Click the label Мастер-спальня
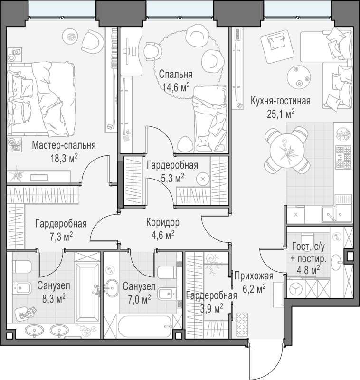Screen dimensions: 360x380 click(x=64, y=145)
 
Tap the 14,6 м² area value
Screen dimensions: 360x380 click(x=176, y=87)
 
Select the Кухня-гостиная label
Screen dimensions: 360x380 click(x=281, y=101)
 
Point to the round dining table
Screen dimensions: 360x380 click(x=287, y=150)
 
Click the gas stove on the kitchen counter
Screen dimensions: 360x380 click(x=343, y=157)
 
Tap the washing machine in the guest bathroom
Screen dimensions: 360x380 click(x=296, y=288)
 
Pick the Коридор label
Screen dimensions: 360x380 click(x=163, y=222)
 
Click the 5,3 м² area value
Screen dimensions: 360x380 click(x=172, y=179)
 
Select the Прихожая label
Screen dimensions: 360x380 click(x=254, y=276)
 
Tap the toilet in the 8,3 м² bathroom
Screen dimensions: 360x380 click(x=22, y=266)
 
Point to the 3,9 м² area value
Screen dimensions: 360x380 click(x=211, y=309)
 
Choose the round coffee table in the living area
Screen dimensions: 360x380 click(x=299, y=77)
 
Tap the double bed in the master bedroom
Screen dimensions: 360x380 click(x=41, y=99)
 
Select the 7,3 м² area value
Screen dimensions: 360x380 click(x=61, y=237)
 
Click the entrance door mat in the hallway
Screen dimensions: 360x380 click(x=242, y=324)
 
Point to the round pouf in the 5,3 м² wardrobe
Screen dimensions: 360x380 click(x=203, y=179)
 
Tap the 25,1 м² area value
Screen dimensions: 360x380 click(x=281, y=114)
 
